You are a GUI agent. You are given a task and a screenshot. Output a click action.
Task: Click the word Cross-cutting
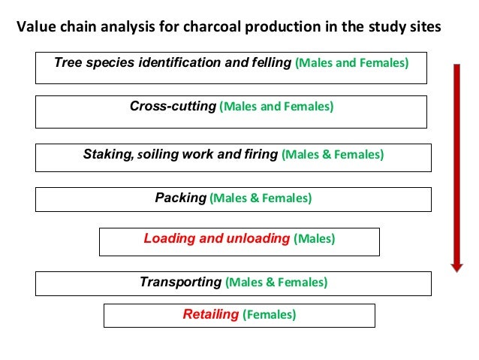(173, 107)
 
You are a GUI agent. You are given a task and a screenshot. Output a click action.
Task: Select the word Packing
(180, 198)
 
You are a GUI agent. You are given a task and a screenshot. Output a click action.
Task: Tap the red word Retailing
(210, 315)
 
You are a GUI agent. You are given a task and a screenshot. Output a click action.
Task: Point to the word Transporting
(180, 283)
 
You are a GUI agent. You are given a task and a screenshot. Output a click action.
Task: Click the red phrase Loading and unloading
(216, 239)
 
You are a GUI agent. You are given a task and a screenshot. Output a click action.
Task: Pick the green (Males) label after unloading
(314, 240)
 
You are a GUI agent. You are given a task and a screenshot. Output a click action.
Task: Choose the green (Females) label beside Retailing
(269, 316)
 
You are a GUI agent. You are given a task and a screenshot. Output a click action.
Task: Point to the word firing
(260, 155)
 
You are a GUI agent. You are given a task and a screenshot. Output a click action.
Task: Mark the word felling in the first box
(270, 62)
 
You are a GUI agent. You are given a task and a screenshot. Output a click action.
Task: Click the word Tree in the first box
(67, 62)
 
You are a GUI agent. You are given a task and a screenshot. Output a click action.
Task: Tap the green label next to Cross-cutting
(276, 107)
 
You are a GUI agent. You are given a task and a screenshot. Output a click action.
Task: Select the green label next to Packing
(261, 199)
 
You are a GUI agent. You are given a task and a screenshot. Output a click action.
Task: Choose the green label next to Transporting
(276, 283)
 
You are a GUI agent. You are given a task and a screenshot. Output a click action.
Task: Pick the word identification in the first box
(181, 62)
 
